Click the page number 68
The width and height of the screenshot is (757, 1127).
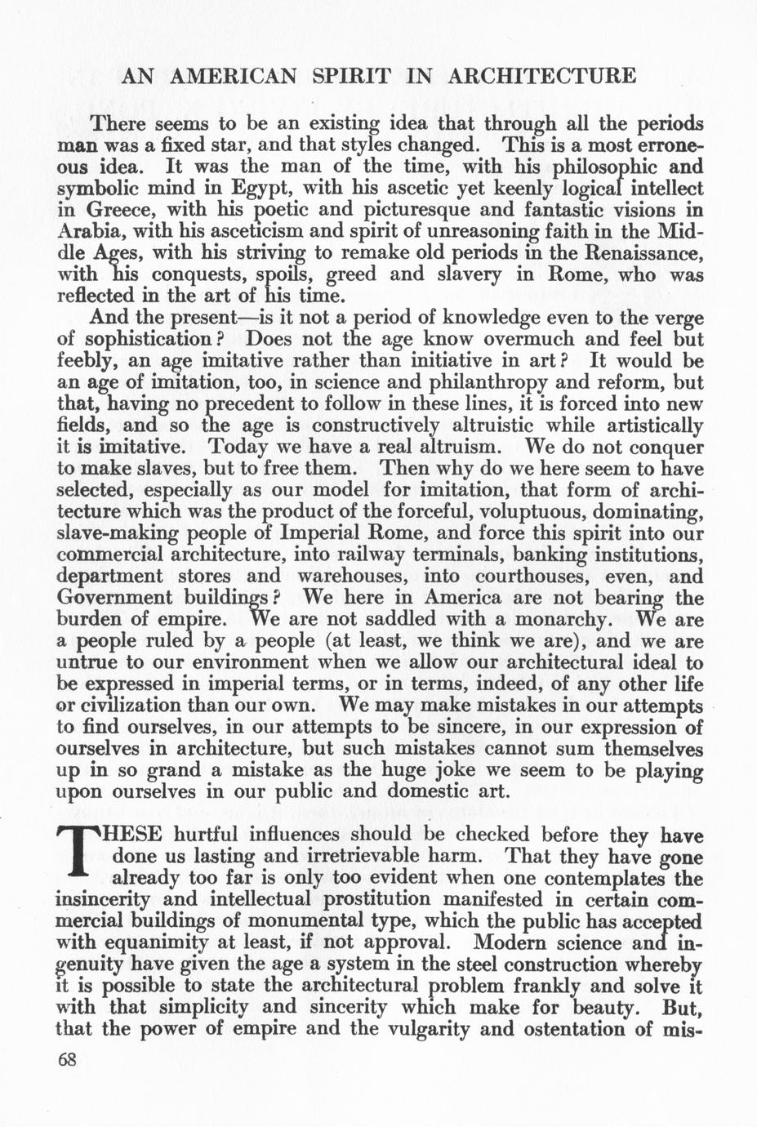67,1059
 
